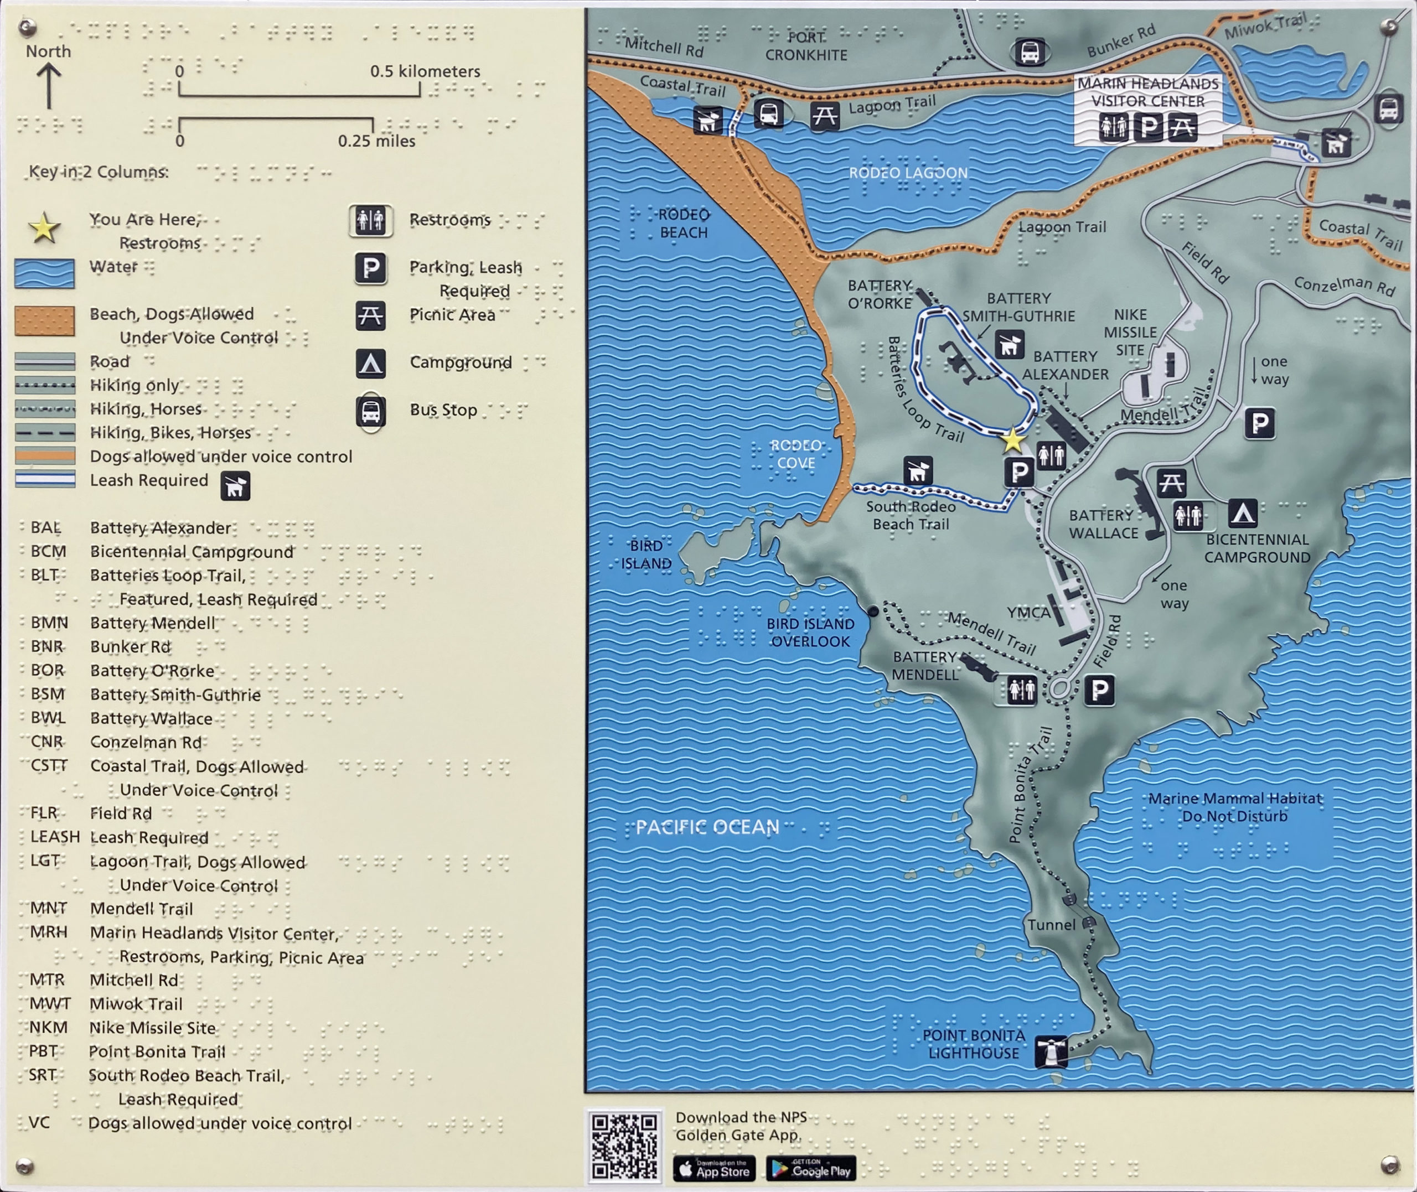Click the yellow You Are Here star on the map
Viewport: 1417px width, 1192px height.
pos(1012,440)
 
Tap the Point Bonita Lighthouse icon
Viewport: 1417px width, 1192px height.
pos(1052,1051)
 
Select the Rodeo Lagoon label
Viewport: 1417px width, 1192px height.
pos(908,173)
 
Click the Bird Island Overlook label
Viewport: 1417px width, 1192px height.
pos(810,633)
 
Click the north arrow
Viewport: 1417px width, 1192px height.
pos(49,85)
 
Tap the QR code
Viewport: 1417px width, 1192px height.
pos(624,1146)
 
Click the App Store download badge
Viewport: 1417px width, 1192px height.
pos(714,1168)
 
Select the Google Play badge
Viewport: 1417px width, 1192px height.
pos(811,1168)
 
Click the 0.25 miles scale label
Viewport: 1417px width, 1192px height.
pos(376,141)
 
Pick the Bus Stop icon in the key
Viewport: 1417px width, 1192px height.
pos(371,411)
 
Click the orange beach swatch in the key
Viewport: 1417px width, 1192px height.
pos(45,321)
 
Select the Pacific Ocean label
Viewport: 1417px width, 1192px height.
pos(707,827)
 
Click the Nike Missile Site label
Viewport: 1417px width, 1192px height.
pos(1130,333)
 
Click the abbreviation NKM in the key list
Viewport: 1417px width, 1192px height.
pos(48,1027)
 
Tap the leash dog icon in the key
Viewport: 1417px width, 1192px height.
pos(235,486)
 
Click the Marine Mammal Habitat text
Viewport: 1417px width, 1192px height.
pos(1234,807)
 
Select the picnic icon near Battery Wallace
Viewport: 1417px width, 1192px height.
pos(1171,483)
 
